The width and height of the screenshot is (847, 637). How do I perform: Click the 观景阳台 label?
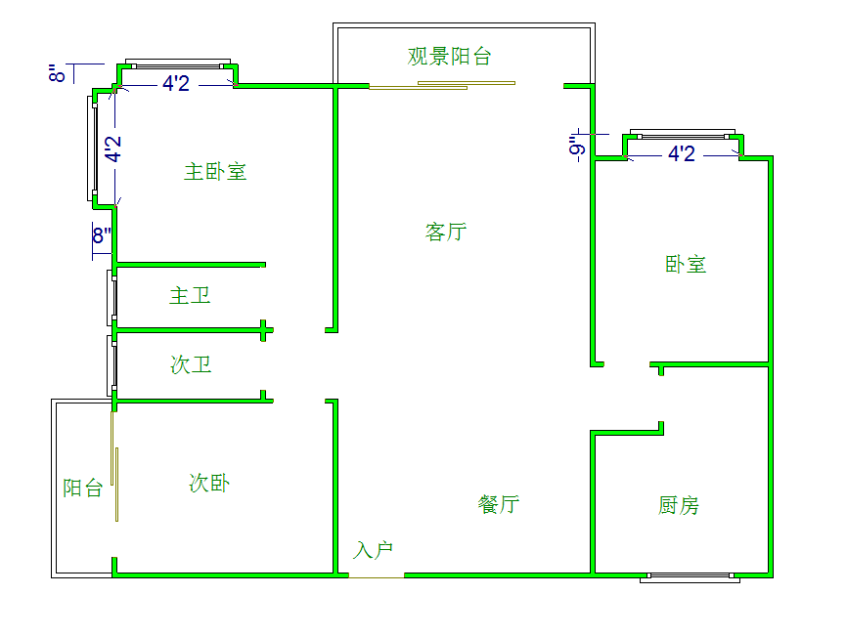pyautogui.click(x=449, y=56)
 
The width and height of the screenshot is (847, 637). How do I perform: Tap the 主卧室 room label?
pyautogui.click(x=215, y=172)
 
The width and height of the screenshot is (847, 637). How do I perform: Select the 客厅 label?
pyautogui.click(x=446, y=232)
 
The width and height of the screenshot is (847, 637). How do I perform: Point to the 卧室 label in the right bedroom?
pyautogui.click(x=686, y=264)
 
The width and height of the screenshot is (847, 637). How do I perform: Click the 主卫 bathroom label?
pyautogui.click(x=190, y=295)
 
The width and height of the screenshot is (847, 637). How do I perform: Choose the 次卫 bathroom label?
pyautogui.click(x=191, y=365)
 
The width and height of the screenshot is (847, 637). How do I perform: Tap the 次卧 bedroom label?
pyautogui.click(x=209, y=483)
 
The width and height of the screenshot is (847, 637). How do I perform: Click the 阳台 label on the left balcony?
pyautogui.click(x=82, y=488)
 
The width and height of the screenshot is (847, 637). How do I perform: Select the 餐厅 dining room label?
pyautogui.click(x=499, y=504)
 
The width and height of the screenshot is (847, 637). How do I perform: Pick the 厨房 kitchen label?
pyautogui.click(x=679, y=505)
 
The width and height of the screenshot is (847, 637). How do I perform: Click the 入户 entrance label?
pyautogui.click(x=374, y=550)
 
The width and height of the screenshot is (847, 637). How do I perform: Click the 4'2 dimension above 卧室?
pyautogui.click(x=682, y=154)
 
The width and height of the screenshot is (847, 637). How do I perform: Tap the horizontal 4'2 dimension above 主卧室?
pyautogui.click(x=176, y=84)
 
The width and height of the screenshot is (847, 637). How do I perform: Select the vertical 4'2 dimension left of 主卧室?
pyautogui.click(x=114, y=149)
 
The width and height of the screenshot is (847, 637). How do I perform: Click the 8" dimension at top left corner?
pyautogui.click(x=59, y=72)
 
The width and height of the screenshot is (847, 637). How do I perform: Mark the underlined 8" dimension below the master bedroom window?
pyautogui.click(x=103, y=234)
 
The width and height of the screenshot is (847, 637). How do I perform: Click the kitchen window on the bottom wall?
pyautogui.click(x=689, y=577)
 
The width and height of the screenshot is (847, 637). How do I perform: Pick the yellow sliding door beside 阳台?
pyautogui.click(x=117, y=483)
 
